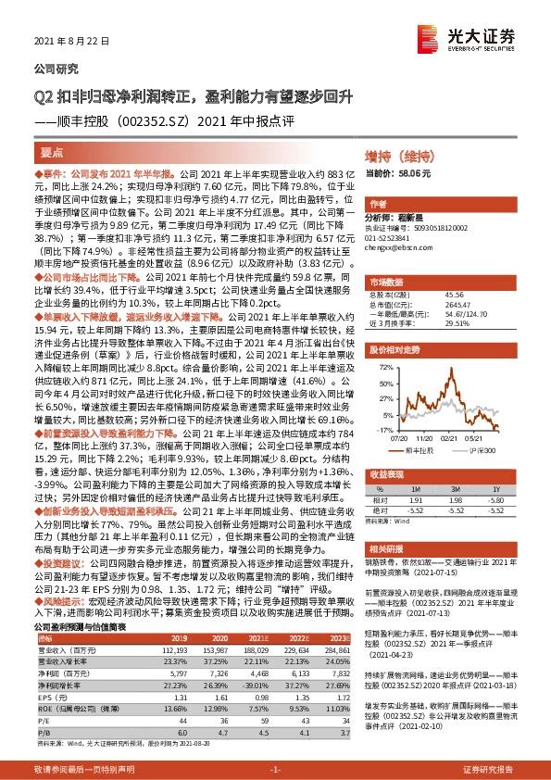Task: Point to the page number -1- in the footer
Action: [275, 768]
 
